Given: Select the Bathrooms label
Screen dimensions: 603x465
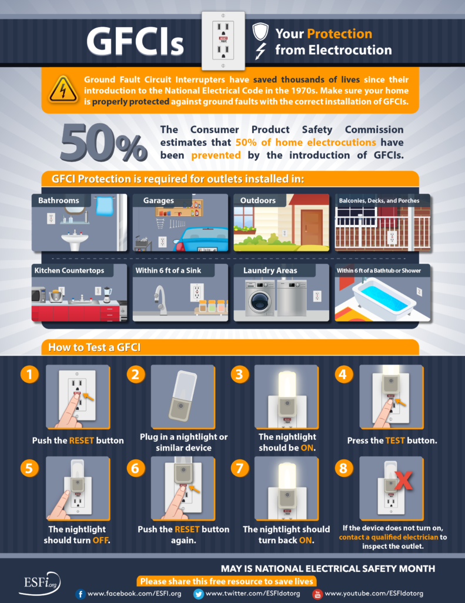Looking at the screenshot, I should coord(59,201).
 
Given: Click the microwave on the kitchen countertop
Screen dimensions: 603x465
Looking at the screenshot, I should coord(39,295).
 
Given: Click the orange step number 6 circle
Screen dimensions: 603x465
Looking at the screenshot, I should coord(136,468).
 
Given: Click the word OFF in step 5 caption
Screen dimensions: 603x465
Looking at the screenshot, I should coord(100,540).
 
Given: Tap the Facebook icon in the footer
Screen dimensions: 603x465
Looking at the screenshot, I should coord(81,594).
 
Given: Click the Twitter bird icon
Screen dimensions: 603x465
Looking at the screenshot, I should coord(198,594).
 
